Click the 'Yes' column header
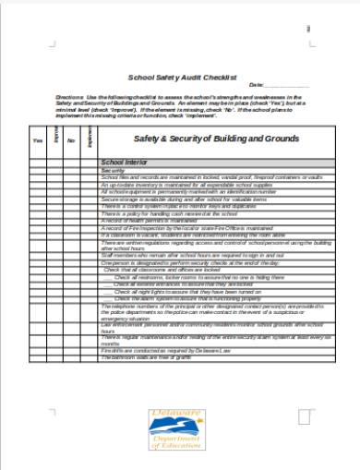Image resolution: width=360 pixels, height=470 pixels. (38, 139)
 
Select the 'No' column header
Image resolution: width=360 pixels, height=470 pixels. (71, 139)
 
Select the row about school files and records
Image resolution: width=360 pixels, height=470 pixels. (198, 177)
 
